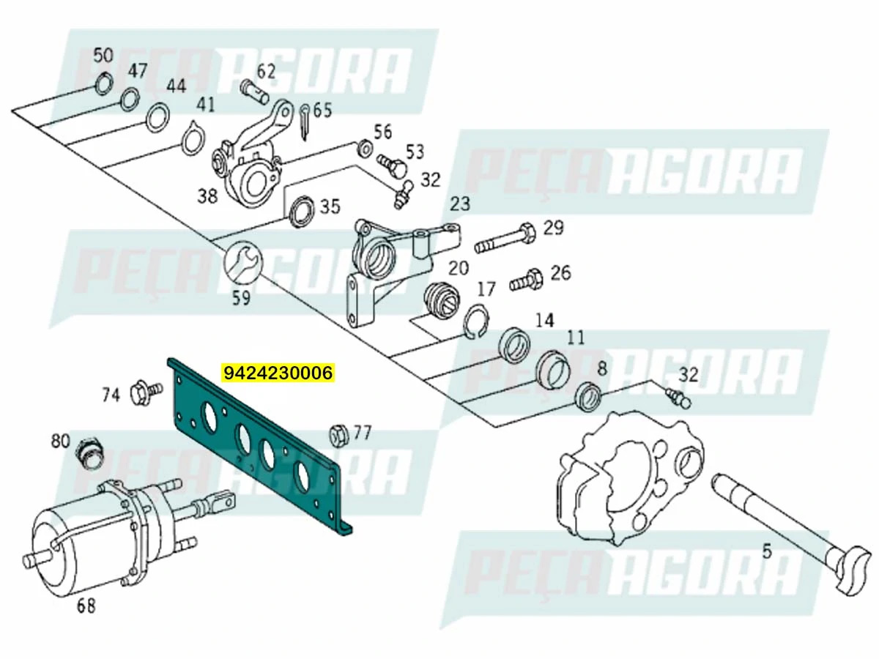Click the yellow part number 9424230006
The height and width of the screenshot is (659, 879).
coord(278,373)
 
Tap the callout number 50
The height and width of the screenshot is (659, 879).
coord(103,55)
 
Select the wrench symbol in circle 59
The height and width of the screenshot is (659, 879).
coord(241,263)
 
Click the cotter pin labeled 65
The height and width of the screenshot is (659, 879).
coord(306,121)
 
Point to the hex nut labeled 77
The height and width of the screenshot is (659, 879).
coord(338,434)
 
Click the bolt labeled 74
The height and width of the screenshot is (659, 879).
coord(141,393)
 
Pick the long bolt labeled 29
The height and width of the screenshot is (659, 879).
coord(505,238)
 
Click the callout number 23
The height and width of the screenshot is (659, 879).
coord(459,204)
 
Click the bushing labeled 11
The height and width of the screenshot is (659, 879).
coord(553,369)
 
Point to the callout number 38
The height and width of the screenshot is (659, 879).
coord(208,196)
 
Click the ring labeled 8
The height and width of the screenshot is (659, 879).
coord(588,395)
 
